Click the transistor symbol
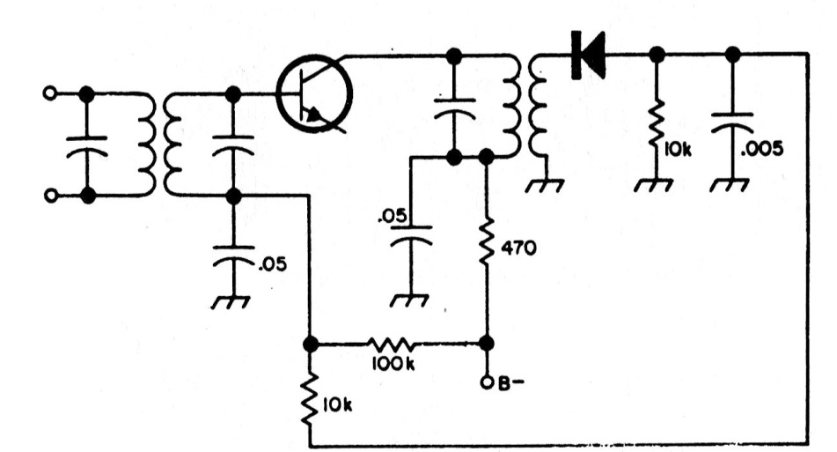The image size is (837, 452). [x=314, y=94]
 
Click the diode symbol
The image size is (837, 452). [x=588, y=55]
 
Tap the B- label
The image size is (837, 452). [x=510, y=383]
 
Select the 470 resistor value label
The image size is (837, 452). [x=519, y=248]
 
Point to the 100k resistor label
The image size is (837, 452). [x=393, y=364]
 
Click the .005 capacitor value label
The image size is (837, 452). [x=761, y=148]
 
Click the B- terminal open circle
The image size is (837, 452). [x=487, y=382]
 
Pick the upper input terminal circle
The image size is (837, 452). [x=49, y=93]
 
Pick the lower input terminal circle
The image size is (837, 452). [x=49, y=196]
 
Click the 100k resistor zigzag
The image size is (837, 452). [x=393, y=345]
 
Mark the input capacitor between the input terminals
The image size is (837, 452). [x=87, y=146]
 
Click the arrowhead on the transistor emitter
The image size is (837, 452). [x=314, y=115]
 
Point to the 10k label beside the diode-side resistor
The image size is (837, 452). [x=678, y=150]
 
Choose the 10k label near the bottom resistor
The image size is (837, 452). [x=337, y=406]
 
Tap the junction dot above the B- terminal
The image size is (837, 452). [x=487, y=344]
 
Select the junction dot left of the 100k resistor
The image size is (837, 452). [x=310, y=345]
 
